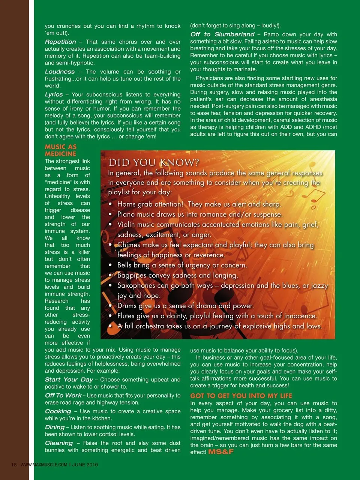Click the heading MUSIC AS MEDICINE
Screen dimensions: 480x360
[60, 150]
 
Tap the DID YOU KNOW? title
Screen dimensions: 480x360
[154, 163]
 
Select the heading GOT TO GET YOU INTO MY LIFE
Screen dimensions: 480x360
[241, 396]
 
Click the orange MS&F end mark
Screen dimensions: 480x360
[221, 452]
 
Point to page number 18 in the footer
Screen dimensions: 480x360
[14, 465]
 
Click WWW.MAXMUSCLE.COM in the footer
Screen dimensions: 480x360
[44, 465]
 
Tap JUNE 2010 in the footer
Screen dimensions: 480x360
[85, 465]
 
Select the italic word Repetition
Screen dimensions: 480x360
[60, 42]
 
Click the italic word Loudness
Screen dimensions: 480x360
[60, 72]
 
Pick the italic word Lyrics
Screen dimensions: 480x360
[54, 94]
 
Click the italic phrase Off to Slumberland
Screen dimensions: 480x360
[222, 34]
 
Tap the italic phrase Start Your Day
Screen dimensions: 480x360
[69, 379]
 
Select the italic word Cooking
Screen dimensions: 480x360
[58, 411]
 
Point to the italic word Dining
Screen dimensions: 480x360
[55, 427]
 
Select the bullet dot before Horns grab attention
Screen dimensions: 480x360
[110, 204]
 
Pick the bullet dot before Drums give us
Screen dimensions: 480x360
[110, 306]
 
